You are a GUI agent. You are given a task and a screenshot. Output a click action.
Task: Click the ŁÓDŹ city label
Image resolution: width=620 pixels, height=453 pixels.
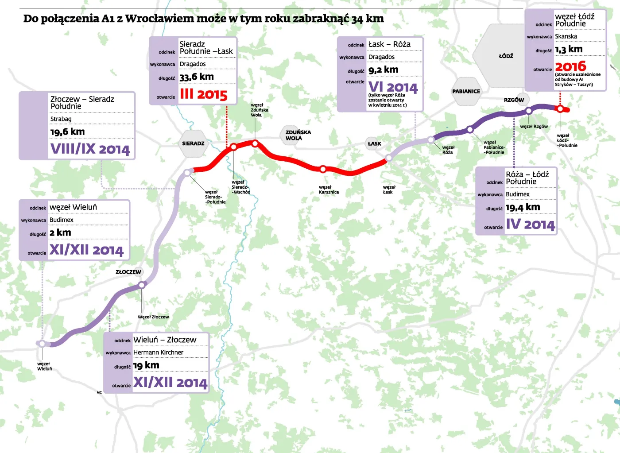pyautogui.click(x=506, y=56)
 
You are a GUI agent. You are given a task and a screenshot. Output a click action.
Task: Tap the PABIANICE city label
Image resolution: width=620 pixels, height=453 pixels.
pyautogui.click(x=466, y=91)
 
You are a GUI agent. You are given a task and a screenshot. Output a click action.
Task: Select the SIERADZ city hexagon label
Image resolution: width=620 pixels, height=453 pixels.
pyautogui.click(x=193, y=143)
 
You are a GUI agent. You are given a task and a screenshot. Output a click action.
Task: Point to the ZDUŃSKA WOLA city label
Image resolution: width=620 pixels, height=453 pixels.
pyautogui.click(x=298, y=135)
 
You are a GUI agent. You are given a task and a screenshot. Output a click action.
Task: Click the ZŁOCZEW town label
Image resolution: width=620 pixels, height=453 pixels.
pyautogui.click(x=128, y=272)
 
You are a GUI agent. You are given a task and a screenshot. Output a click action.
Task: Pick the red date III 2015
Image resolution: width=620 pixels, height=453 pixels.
pyautogui.click(x=203, y=94)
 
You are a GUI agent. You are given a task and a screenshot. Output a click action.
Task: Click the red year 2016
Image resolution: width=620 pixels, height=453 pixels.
pyautogui.click(x=570, y=66)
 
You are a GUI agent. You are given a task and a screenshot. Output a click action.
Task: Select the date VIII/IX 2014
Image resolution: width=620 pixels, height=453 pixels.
pyautogui.click(x=90, y=149)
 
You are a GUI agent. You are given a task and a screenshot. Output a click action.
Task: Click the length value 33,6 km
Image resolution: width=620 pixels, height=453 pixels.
pyautogui.click(x=197, y=77)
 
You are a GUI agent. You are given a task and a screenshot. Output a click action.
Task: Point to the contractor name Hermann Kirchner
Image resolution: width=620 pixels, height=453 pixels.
pyautogui.click(x=158, y=352)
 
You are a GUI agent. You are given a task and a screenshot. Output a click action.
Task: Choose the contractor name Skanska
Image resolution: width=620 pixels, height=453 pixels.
pyautogui.click(x=566, y=36)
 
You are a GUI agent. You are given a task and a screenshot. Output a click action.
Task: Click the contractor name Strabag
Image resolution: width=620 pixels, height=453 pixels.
pyautogui.click(x=61, y=119)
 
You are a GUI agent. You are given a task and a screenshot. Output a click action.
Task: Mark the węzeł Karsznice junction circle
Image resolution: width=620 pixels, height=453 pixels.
pyautogui.click(x=323, y=169)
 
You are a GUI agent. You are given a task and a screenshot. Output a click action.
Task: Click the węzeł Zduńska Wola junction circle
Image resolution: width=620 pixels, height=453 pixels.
pyautogui.click(x=255, y=143)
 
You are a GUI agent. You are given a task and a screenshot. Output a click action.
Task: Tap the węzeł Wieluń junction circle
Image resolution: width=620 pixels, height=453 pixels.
pyautogui.click(x=42, y=344)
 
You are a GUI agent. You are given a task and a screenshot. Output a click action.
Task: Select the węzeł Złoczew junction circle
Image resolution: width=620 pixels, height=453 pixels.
pyautogui.click(x=142, y=285)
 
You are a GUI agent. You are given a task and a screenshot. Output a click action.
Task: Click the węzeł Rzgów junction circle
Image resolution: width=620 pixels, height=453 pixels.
pyautogui.click(x=528, y=111)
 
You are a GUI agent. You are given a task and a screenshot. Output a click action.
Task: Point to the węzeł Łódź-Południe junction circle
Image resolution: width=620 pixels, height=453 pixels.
pyautogui.click(x=560, y=108)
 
